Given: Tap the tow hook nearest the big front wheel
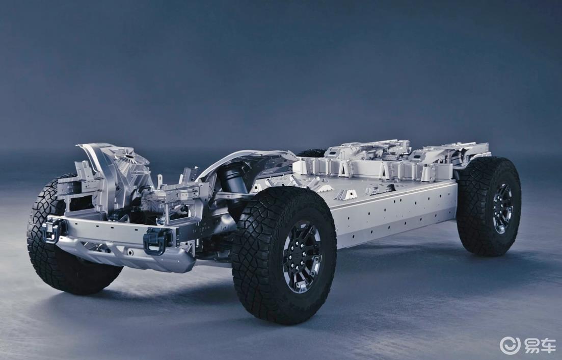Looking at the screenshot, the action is click(x=157, y=241).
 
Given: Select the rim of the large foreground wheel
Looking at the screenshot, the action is click(x=302, y=256).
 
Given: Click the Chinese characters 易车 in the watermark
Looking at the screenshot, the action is click(x=540, y=346).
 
